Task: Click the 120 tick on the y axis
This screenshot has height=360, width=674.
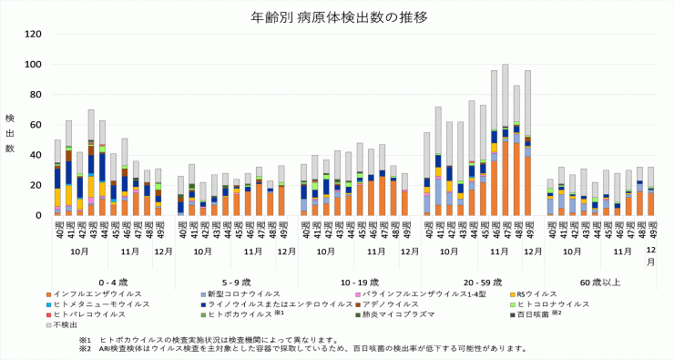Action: pyautogui.click(x=33, y=35)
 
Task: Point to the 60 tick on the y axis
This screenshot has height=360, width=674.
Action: pyautogui.click(x=36, y=125)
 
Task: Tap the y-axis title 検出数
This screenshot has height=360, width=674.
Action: pyautogui.click(x=10, y=133)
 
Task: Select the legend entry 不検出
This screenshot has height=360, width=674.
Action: pyautogui.click(x=66, y=324)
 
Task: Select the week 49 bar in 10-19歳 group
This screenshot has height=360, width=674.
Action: pyautogui.click(x=403, y=194)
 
